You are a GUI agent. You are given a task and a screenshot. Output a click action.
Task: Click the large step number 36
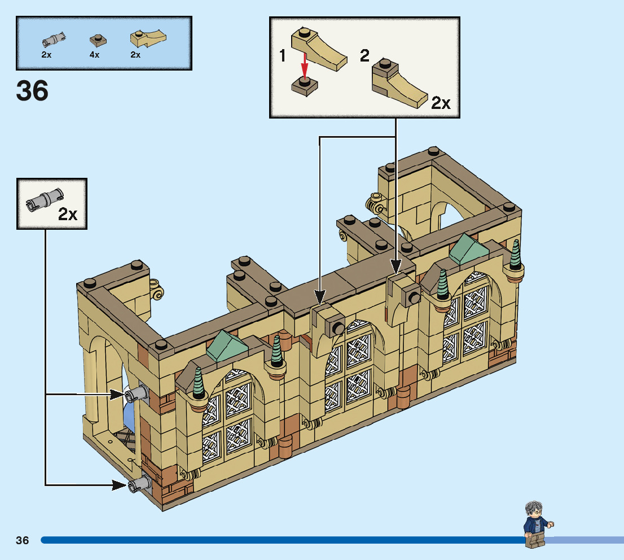(32, 91)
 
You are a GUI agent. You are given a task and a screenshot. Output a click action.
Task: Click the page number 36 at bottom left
(23, 540)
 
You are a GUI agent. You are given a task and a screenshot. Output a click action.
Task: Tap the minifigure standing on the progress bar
(538, 524)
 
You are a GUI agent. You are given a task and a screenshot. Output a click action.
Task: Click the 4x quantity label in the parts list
(94, 55)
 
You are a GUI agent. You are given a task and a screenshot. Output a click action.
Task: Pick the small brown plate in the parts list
(98, 40)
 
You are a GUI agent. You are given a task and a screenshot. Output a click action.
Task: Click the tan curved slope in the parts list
(148, 38)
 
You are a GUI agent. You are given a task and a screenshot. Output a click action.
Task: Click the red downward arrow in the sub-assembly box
(305, 65)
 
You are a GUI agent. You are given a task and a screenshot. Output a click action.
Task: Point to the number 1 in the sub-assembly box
(283, 56)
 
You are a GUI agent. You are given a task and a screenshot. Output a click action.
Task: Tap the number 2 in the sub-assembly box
(364, 55)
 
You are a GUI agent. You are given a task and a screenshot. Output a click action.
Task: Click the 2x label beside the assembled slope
(441, 103)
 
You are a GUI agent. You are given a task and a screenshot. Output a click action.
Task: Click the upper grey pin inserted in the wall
(136, 394)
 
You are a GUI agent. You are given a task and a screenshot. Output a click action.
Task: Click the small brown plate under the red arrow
(305, 86)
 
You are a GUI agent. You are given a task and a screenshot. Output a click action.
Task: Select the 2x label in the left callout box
(68, 215)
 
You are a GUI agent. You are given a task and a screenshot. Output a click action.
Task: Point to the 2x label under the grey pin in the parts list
(47, 55)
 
